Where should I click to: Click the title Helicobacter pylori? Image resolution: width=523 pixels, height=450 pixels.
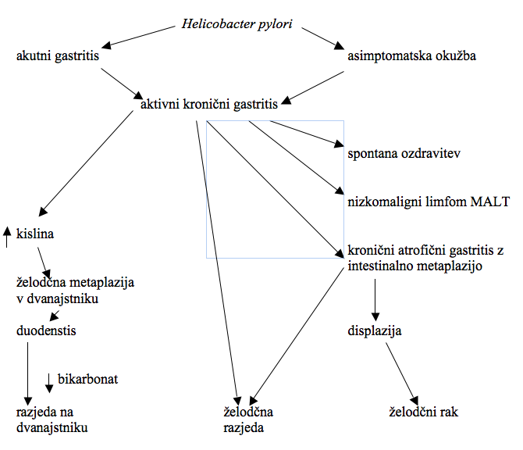tap(237, 23)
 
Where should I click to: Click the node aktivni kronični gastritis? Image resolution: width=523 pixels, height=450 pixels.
tap(208, 104)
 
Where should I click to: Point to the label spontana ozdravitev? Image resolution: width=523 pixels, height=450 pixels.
tap(404, 152)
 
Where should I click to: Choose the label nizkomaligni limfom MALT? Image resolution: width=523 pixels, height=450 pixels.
tap(428, 202)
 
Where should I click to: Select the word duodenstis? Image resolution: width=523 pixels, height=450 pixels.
tap(46, 331)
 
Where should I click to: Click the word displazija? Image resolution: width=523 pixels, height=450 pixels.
tap(375, 331)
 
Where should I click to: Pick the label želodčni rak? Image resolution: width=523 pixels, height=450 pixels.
tap(423, 411)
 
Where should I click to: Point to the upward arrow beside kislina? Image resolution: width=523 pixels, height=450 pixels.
tap(6, 236)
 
